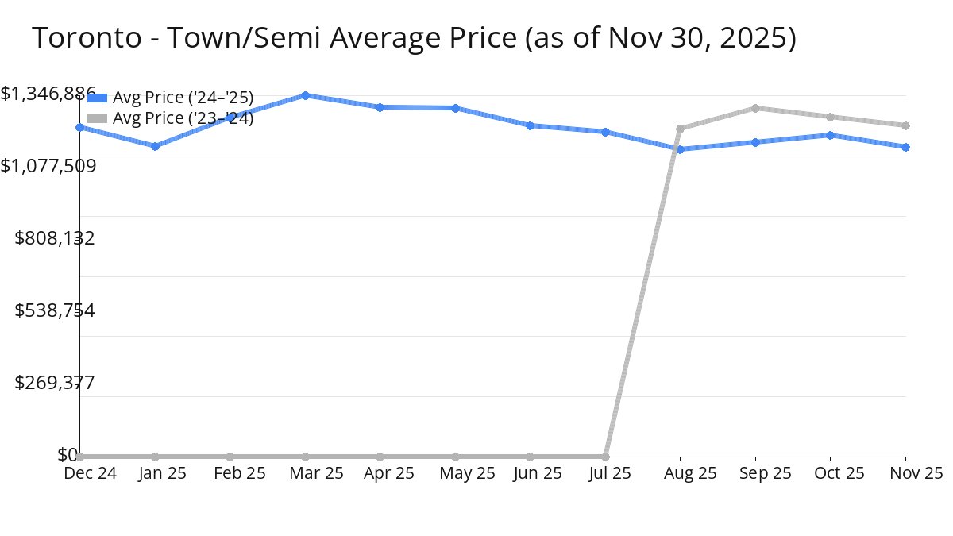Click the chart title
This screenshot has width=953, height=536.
point(413,37)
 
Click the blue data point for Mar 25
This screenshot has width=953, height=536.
point(305,95)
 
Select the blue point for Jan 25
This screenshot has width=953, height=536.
point(155,146)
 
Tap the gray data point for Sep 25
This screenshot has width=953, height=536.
point(755,108)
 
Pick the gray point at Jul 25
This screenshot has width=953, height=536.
point(605,457)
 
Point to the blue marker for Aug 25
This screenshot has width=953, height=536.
point(680,149)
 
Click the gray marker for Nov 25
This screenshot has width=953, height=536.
point(905,125)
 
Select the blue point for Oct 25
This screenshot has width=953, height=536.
point(830,135)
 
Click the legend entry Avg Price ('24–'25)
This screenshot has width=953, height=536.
point(183,98)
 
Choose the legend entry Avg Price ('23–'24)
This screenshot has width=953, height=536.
point(183,118)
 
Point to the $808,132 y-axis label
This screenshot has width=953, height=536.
point(55,238)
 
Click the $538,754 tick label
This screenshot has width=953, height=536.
point(55,310)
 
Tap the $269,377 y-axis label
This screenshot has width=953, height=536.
point(55,383)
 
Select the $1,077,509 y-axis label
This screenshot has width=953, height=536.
point(48,166)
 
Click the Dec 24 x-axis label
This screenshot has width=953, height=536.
point(90,473)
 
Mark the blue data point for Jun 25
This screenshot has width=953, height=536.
point(530,125)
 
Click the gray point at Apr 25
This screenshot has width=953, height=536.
point(380,457)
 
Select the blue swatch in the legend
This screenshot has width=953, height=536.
point(97,98)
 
